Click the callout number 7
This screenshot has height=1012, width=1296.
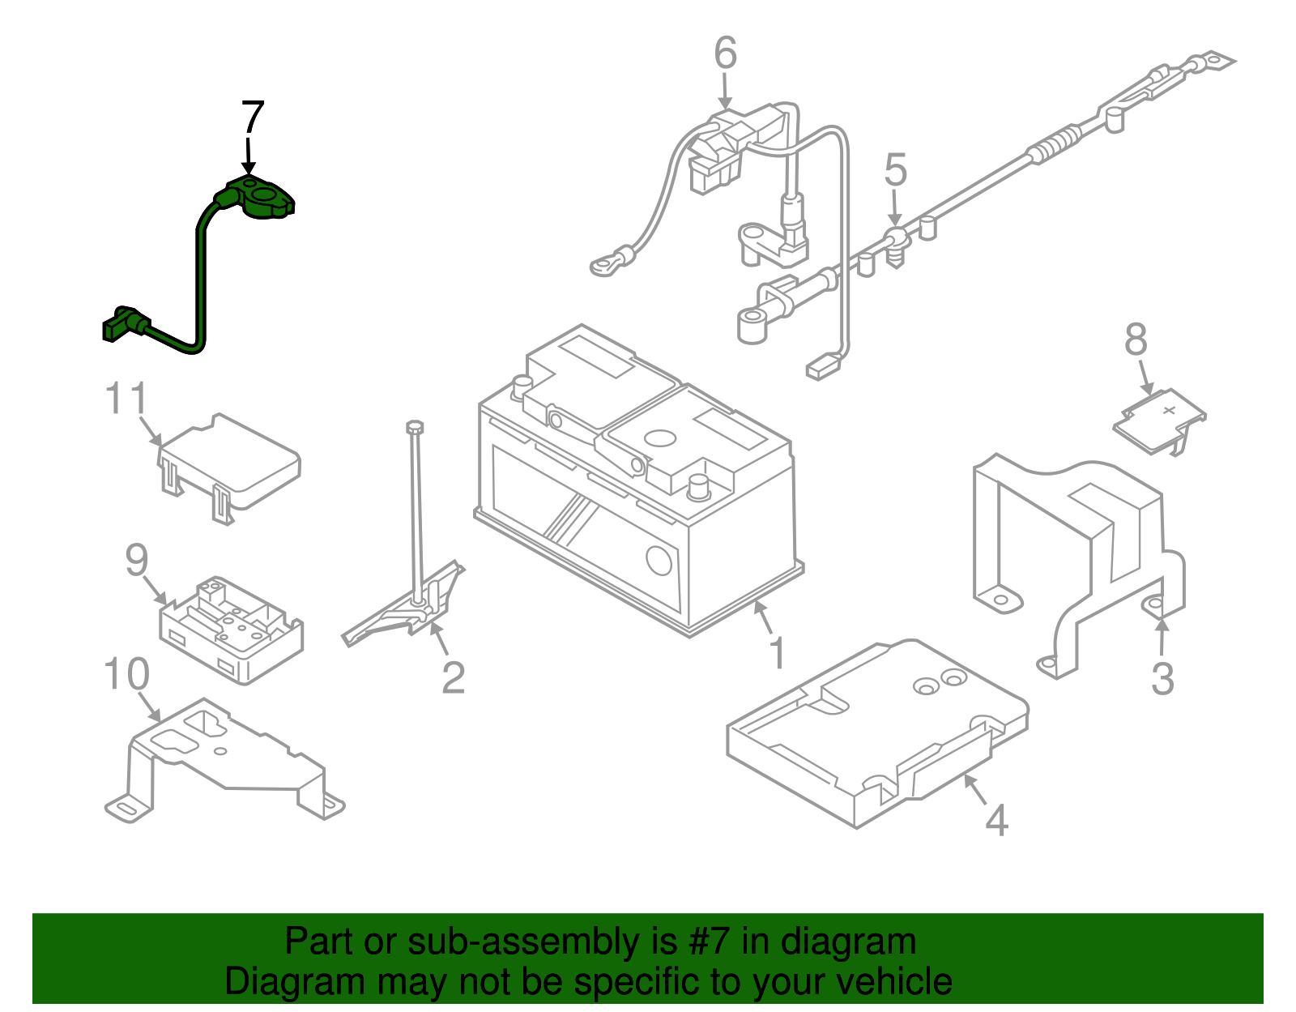pyautogui.click(x=253, y=118)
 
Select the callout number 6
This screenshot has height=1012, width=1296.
pyautogui.click(x=725, y=53)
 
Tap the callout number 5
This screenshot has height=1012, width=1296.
pyautogui.click(x=895, y=170)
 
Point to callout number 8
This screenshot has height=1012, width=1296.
pyautogui.click(x=1136, y=340)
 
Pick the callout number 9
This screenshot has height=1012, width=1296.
pyautogui.click(x=137, y=560)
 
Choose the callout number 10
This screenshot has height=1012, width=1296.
pyautogui.click(x=127, y=674)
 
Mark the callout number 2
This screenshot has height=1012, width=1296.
pyautogui.click(x=453, y=677)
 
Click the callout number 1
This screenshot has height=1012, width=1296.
pyautogui.click(x=777, y=653)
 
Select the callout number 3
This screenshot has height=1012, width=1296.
pyautogui.click(x=1162, y=679)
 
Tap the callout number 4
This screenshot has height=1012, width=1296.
pyautogui.click(x=996, y=820)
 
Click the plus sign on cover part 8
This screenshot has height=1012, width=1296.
pyautogui.click(x=1169, y=410)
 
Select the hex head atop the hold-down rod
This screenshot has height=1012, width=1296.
pyautogui.click(x=415, y=426)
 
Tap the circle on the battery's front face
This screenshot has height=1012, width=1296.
pyautogui.click(x=659, y=560)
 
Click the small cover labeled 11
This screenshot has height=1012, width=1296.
pyautogui.click(x=231, y=462)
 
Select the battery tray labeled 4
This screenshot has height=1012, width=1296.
pyautogui.click(x=875, y=729)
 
